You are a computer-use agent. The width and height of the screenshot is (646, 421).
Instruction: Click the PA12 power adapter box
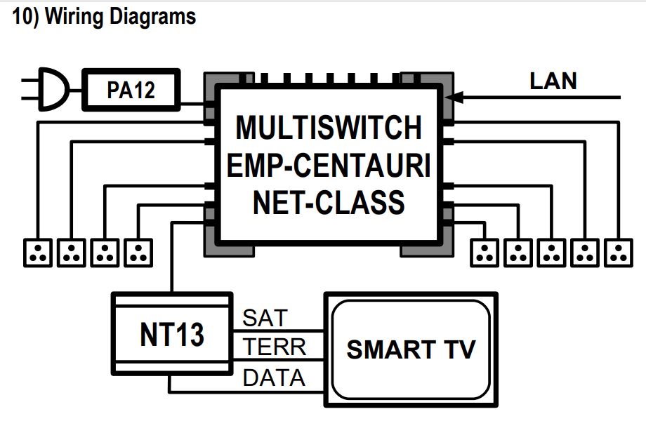pos(131,91)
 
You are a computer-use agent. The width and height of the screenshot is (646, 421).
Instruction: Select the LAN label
pos(553,81)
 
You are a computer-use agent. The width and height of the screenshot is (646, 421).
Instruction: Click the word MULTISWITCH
pos(329,128)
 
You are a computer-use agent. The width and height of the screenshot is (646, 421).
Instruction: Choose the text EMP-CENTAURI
pos(329,165)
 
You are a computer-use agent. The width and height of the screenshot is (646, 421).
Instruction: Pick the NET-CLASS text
pos(329,202)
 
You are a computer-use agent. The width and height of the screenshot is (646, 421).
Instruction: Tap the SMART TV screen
pos(410,349)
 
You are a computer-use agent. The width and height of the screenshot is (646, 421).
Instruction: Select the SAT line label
pos(265,318)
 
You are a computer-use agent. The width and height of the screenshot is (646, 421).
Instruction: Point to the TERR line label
pos(275,347)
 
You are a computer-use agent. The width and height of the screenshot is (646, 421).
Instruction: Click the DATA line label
pos(274,377)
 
